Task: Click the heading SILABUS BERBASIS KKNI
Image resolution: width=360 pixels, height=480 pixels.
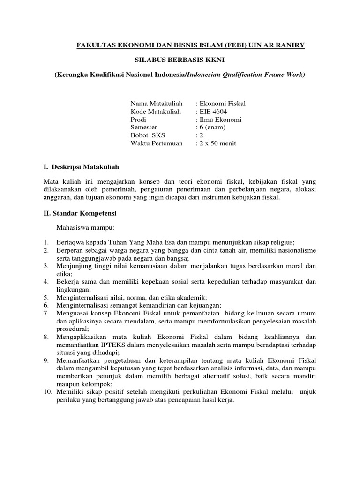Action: click(x=180, y=60)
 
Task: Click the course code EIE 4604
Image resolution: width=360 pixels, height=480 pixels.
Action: click(x=217, y=111)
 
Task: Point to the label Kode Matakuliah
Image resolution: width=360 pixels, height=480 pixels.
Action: click(x=157, y=111)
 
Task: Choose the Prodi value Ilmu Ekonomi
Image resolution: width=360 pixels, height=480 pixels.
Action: click(x=220, y=119)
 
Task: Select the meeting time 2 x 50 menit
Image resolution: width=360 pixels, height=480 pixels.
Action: click(x=218, y=143)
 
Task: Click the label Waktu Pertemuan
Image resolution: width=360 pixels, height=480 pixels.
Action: click(x=157, y=143)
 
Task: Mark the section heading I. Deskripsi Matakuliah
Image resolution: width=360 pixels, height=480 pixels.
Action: click(x=82, y=166)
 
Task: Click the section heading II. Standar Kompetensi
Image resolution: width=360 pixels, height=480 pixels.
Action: click(x=80, y=213)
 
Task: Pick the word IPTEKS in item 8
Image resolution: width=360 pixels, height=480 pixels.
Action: click(x=110, y=345)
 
